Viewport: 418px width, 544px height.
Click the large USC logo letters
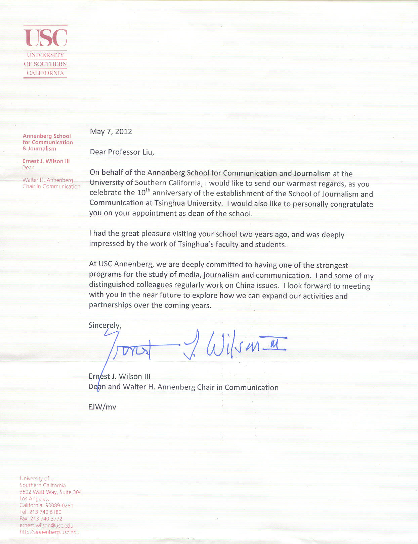pos(45,38)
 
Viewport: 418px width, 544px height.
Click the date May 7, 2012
pos(111,131)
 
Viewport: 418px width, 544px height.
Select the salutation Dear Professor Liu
pos(122,152)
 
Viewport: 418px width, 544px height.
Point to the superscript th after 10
pos(148,190)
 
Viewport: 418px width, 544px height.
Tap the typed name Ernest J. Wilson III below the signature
pos(119,376)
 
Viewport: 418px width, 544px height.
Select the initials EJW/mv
pos(102,407)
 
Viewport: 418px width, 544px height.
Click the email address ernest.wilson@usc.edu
pos(46,526)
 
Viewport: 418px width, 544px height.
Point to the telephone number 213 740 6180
pos(45,512)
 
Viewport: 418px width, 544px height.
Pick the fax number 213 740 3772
pos(46,519)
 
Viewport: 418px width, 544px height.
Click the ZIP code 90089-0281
pos(59,505)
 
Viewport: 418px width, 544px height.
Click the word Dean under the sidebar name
pos(28,168)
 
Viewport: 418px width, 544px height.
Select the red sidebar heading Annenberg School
pos(47,136)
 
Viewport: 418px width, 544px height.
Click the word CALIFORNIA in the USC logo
pos(45,73)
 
